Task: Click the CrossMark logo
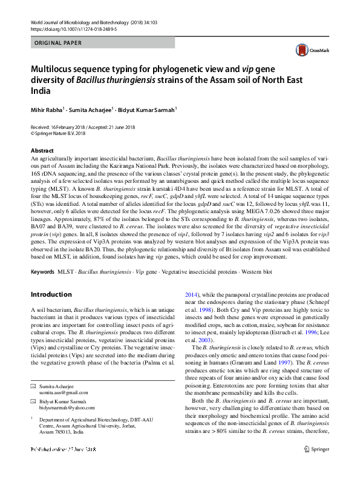point(307,51)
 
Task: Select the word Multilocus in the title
point(56,70)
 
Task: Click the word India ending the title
point(40,91)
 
